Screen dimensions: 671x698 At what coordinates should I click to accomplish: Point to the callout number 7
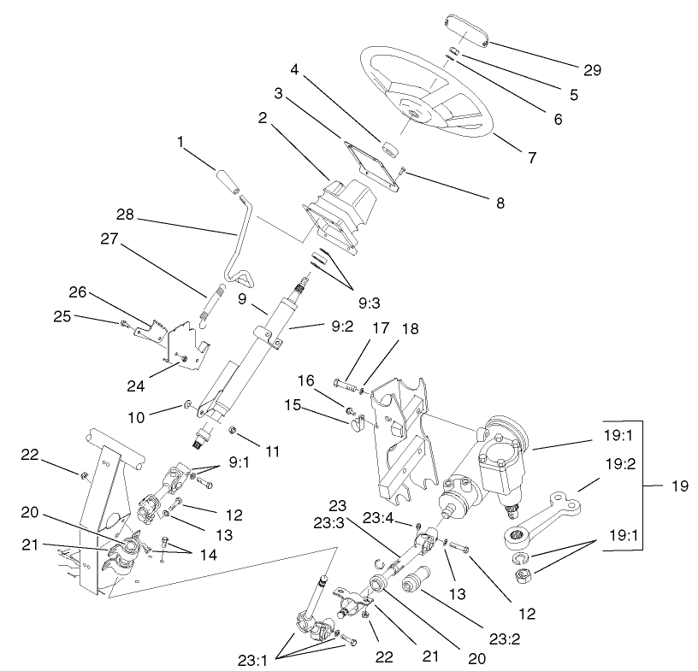(531, 157)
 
